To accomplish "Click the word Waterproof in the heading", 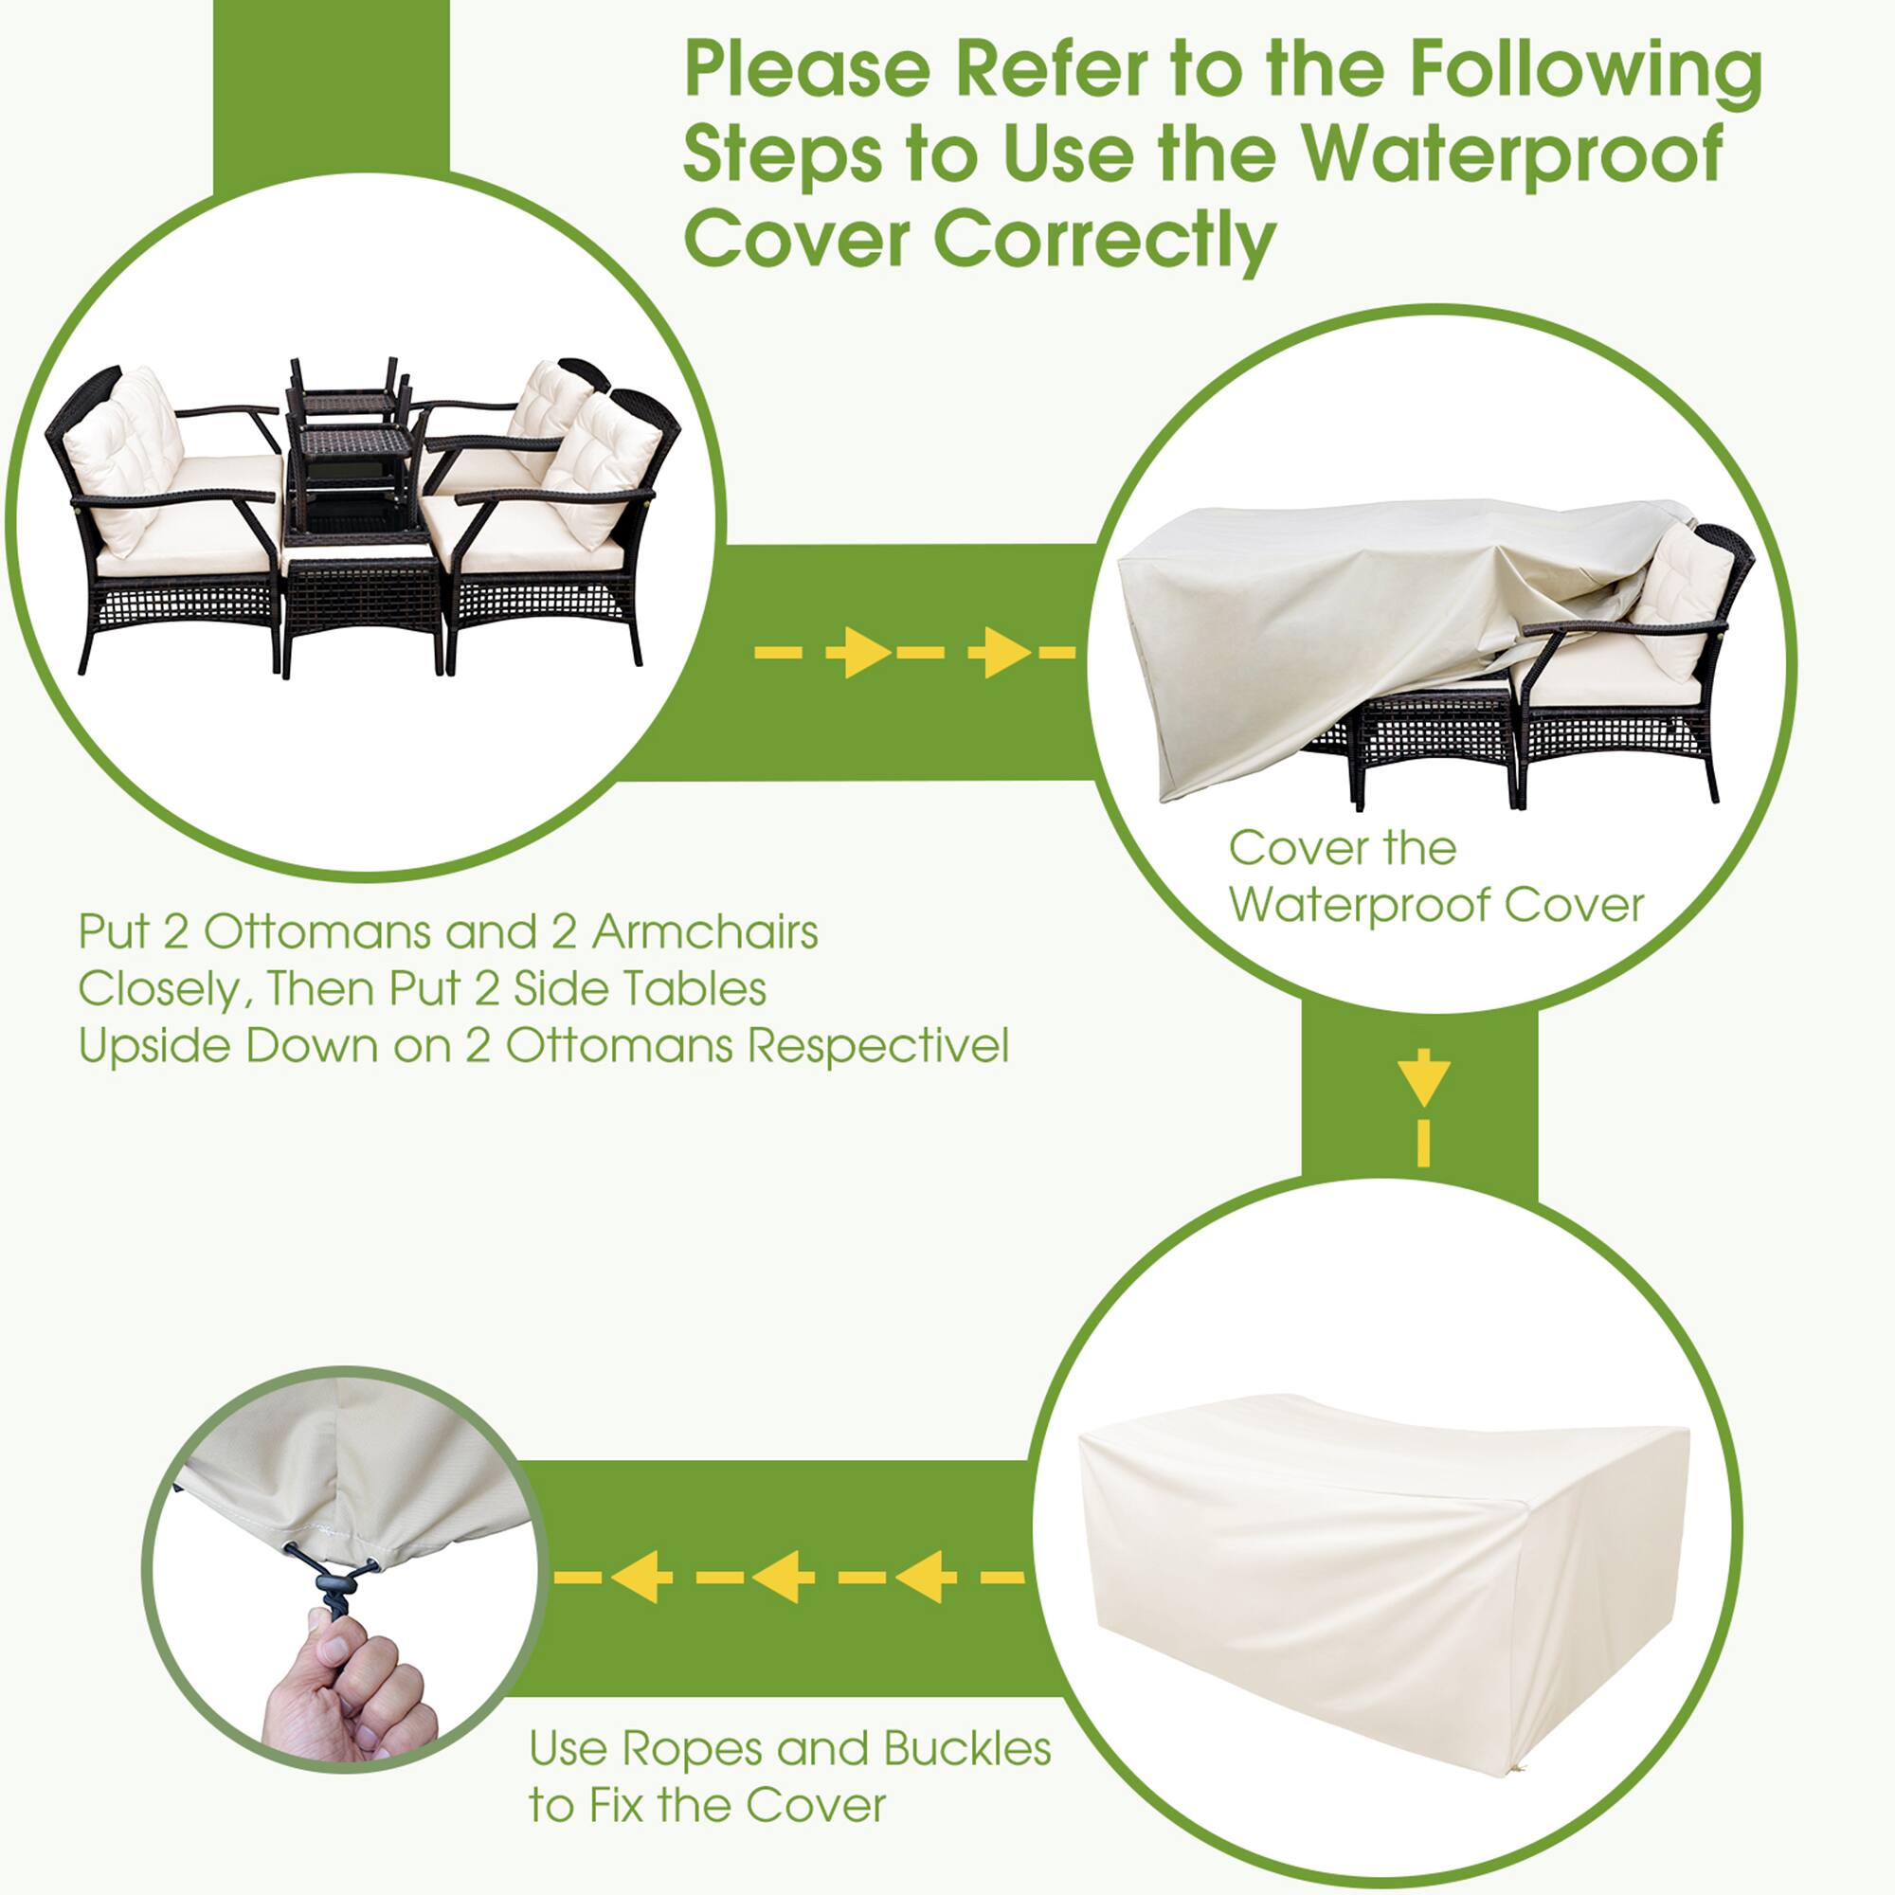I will [1514, 154].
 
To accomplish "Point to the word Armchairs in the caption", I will [704, 931].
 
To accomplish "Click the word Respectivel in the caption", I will [878, 1046].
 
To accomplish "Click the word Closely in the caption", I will [158, 988].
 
